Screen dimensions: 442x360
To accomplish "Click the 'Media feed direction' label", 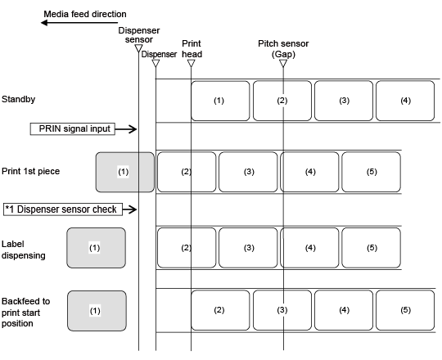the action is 85,14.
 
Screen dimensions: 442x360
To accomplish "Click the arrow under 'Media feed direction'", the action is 79,23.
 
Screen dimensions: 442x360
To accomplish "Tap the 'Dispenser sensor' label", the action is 139,35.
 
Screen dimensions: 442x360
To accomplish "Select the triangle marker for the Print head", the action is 191,63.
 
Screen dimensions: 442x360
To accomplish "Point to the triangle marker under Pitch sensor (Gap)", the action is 283,63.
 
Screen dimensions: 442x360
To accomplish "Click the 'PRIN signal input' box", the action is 73,129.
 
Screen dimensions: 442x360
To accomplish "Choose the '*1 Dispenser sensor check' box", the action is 63,209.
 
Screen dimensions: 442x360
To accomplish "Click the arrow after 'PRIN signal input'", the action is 126,129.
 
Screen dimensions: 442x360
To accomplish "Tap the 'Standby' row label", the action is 18,100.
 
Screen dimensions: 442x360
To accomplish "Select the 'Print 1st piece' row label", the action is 31,171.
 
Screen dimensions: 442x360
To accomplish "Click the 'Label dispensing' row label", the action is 24,250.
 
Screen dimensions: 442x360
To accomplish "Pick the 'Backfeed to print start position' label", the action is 25,312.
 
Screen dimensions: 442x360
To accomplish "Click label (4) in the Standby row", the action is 405,101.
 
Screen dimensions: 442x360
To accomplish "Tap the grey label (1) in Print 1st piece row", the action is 125,173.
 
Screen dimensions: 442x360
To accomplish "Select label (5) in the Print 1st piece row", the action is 372,172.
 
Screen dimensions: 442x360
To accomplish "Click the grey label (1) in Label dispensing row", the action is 96,248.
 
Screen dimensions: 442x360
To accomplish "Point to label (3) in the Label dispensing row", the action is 248,248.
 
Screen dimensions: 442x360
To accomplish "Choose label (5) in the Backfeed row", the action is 405,310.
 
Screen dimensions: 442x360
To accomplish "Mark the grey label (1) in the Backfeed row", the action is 97,311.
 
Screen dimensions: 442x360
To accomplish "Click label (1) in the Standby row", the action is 220,101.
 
